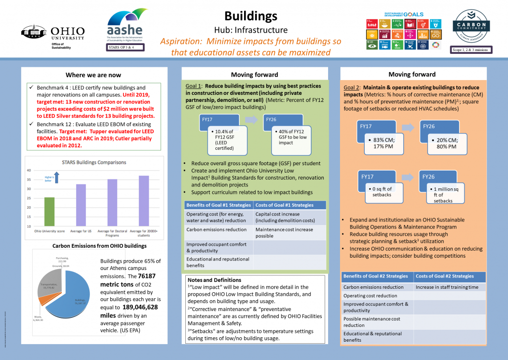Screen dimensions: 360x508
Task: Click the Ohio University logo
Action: coord(53,36)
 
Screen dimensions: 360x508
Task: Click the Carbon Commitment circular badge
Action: coord(471,27)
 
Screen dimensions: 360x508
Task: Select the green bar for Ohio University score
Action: coord(49,212)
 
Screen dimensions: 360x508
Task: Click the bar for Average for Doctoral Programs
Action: coord(112,202)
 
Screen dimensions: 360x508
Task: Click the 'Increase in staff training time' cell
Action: coord(449,287)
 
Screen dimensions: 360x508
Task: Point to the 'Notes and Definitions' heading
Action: coord(214,280)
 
